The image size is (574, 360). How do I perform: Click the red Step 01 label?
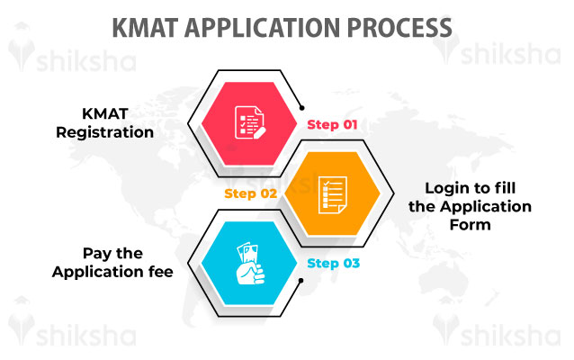pyautogui.click(x=333, y=125)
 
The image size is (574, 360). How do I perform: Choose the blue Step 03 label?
pyautogui.click(x=333, y=264)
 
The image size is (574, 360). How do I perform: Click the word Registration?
pyautogui.click(x=104, y=132)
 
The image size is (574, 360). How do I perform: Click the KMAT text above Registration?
pyautogui.click(x=104, y=115)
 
